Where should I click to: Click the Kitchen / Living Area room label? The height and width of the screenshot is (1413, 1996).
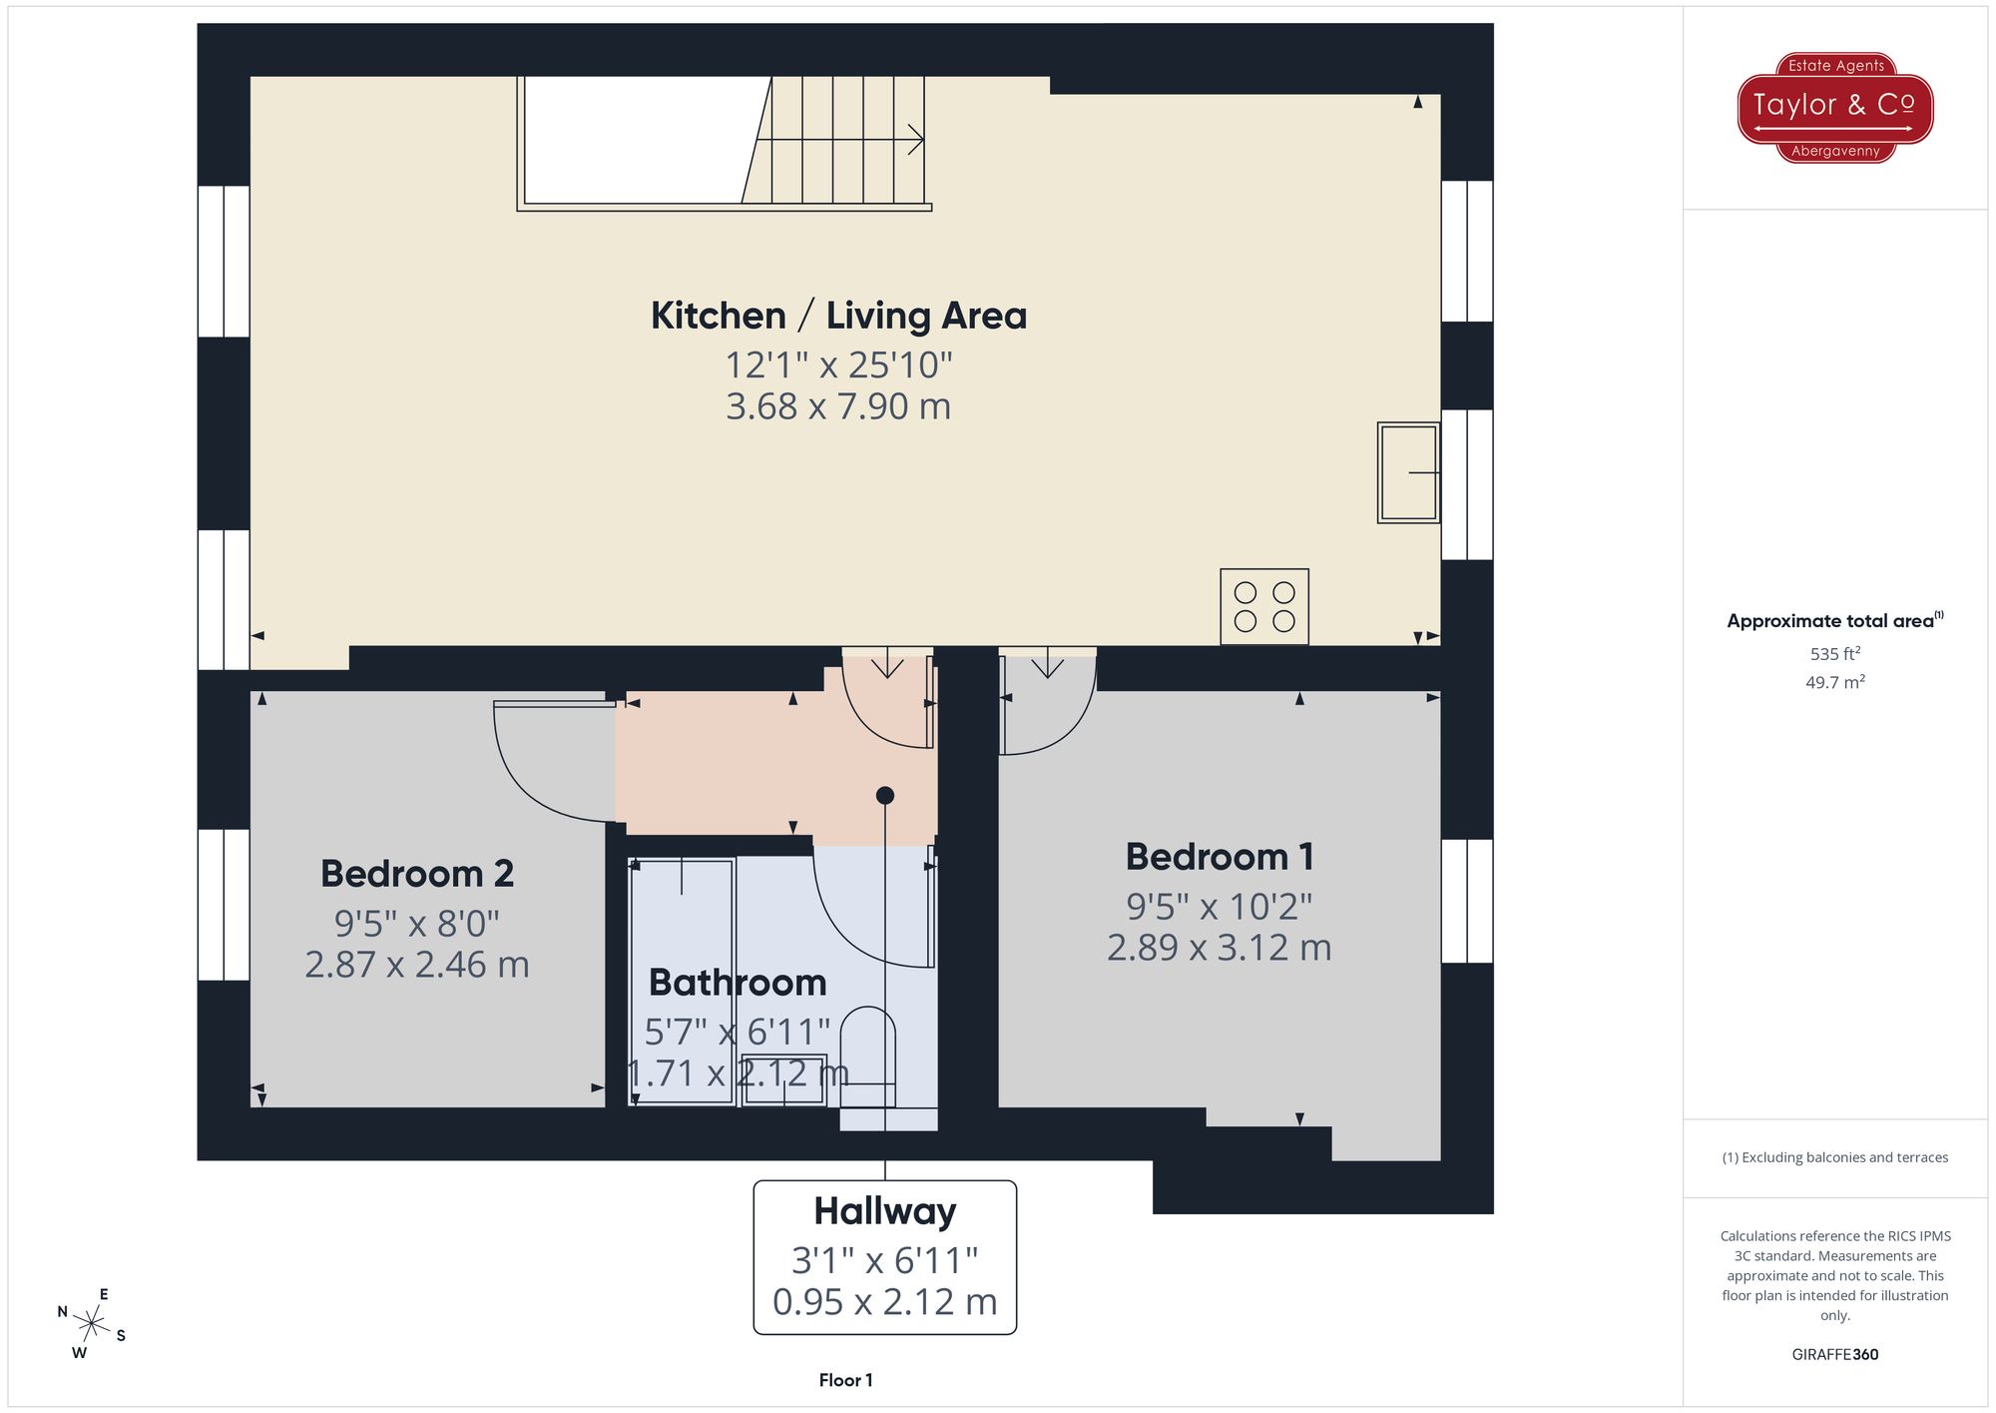pyautogui.click(x=838, y=316)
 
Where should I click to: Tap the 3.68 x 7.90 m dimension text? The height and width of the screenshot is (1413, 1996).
pyautogui.click(x=838, y=406)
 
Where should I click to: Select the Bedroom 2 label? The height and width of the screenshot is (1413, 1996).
pyautogui.click(x=417, y=874)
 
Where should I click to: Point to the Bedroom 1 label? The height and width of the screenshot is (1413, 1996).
pyautogui.click(x=1220, y=857)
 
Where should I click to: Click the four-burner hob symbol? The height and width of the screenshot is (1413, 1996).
pyautogui.click(x=1264, y=607)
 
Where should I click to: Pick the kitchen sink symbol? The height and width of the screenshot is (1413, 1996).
pyautogui.click(x=1408, y=472)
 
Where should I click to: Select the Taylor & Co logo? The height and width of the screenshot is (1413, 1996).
pyautogui.click(x=1834, y=107)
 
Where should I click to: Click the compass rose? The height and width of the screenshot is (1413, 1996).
pyautogui.click(x=91, y=1325)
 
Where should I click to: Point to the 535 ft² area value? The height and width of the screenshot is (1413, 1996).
pyautogui.click(x=1834, y=654)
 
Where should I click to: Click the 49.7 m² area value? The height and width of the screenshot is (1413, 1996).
pyautogui.click(x=1834, y=683)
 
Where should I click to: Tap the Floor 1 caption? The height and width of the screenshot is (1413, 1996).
pyautogui.click(x=845, y=1380)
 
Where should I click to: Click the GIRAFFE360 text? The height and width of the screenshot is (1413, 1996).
pyautogui.click(x=1834, y=1354)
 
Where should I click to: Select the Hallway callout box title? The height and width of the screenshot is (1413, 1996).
pyautogui.click(x=884, y=1211)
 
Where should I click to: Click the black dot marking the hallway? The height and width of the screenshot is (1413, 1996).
pyautogui.click(x=885, y=796)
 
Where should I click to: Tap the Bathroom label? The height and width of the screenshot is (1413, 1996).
pyautogui.click(x=738, y=983)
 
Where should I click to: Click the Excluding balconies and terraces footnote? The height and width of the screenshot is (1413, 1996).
pyautogui.click(x=1834, y=1157)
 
